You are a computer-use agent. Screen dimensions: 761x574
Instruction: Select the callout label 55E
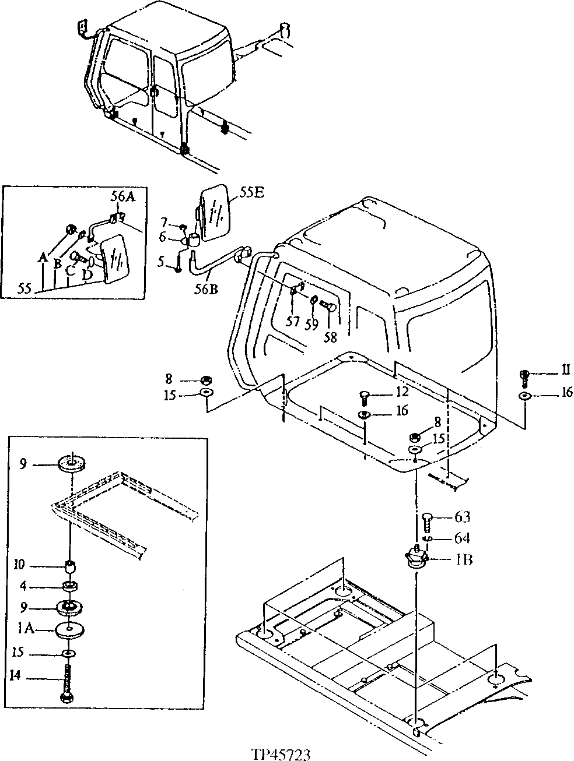pyautogui.click(x=251, y=192)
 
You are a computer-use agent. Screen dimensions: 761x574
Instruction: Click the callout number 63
pyautogui.click(x=462, y=517)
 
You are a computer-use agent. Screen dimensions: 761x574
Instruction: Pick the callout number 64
pyautogui.click(x=462, y=538)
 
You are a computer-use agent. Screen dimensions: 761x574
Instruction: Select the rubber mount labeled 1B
pyautogui.click(x=416, y=557)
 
